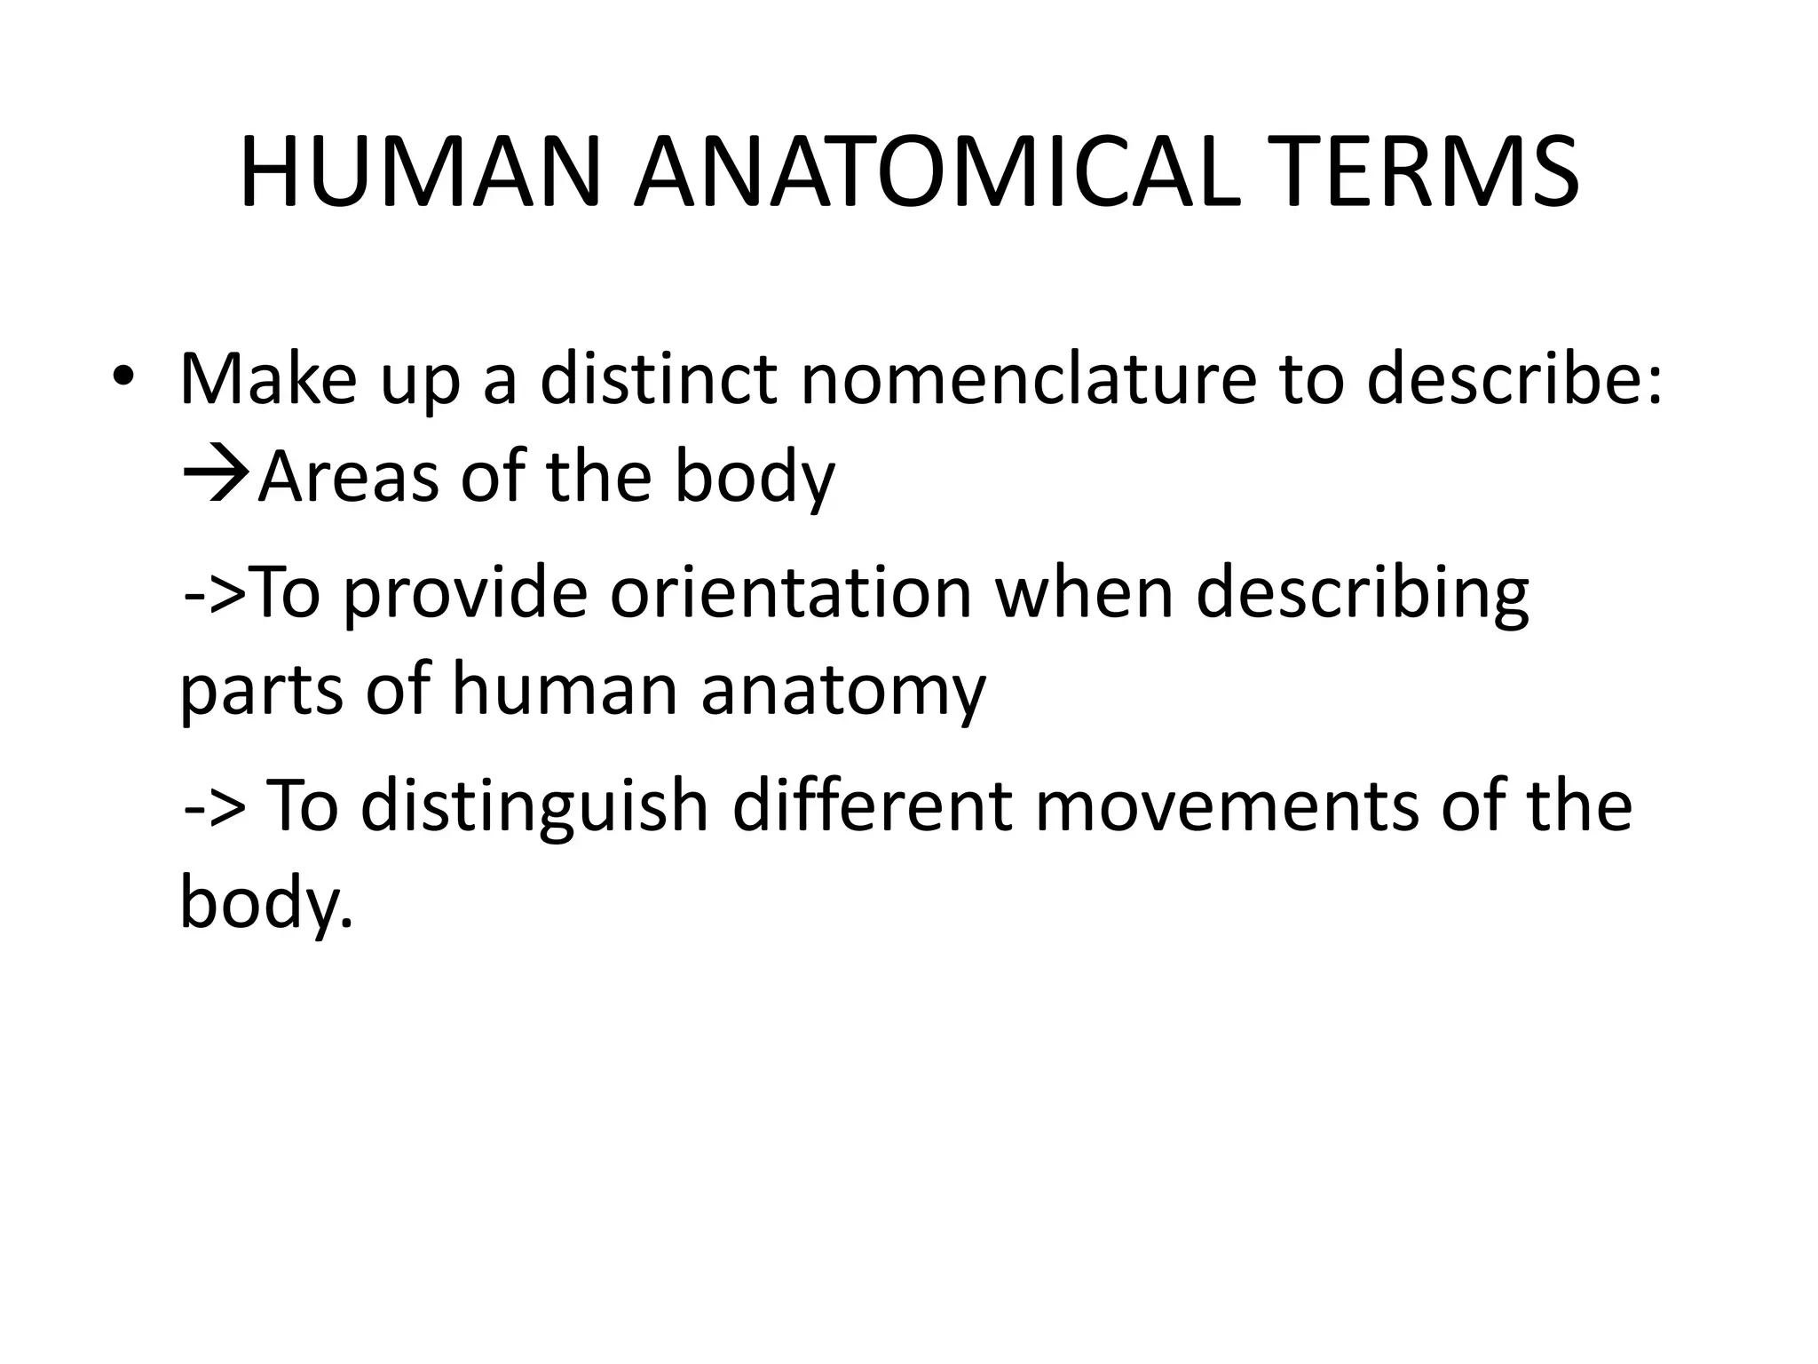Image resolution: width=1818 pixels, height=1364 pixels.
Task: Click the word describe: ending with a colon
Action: [1514, 379]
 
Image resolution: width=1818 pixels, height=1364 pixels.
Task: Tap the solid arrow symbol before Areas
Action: [216, 477]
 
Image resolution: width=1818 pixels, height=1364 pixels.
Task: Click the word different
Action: [872, 805]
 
